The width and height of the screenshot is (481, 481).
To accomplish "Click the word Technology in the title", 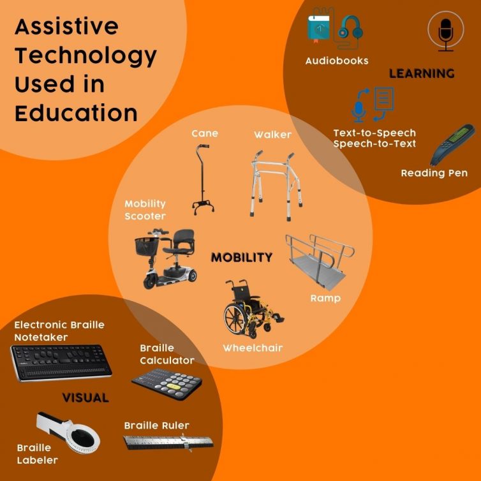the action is pyautogui.click(x=85, y=56).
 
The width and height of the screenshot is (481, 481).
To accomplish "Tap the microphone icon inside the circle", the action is pyautogui.click(x=446, y=34).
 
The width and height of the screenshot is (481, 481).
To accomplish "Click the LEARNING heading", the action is pyautogui.click(x=422, y=73).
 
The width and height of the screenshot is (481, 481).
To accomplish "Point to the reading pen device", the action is pyautogui.click(x=452, y=144).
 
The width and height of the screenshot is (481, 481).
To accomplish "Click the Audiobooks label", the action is pyautogui.click(x=337, y=61).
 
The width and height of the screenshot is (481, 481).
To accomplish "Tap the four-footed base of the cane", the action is pyautogui.click(x=203, y=207).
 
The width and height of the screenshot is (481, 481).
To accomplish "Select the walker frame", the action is pyautogui.click(x=276, y=185).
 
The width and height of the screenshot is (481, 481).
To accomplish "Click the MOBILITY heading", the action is pyautogui.click(x=242, y=257).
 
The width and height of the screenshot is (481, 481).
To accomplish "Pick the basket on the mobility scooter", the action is pyautogui.click(x=147, y=246).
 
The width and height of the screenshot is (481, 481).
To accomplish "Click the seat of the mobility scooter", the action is pyautogui.click(x=181, y=243).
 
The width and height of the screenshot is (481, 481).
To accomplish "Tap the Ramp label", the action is pyautogui.click(x=325, y=298).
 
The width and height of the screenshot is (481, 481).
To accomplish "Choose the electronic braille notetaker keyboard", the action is pyautogui.click(x=61, y=363).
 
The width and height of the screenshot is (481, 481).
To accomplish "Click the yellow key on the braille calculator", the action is pyautogui.click(x=175, y=387).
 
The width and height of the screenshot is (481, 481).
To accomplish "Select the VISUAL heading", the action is pyautogui.click(x=85, y=397).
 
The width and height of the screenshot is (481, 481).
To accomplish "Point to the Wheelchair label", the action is pyautogui.click(x=253, y=348).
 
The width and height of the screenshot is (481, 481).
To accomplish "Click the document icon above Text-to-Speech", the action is pyautogui.click(x=384, y=99).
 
